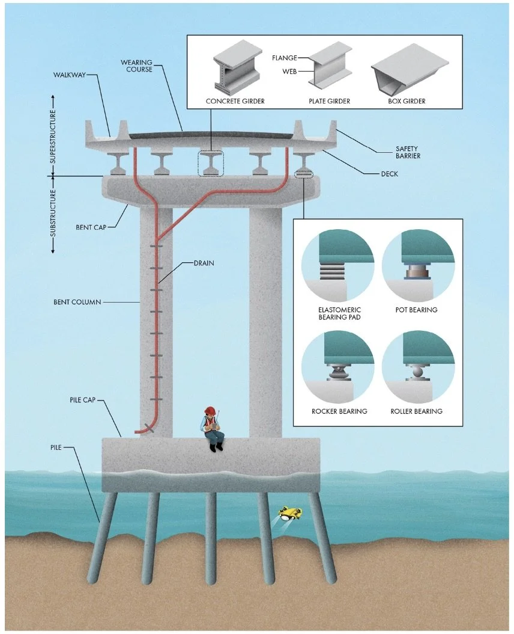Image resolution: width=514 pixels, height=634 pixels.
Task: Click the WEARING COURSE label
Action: (138, 66)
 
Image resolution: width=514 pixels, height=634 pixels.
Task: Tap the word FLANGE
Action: (285, 58)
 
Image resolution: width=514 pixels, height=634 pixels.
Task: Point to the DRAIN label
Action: (204, 263)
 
